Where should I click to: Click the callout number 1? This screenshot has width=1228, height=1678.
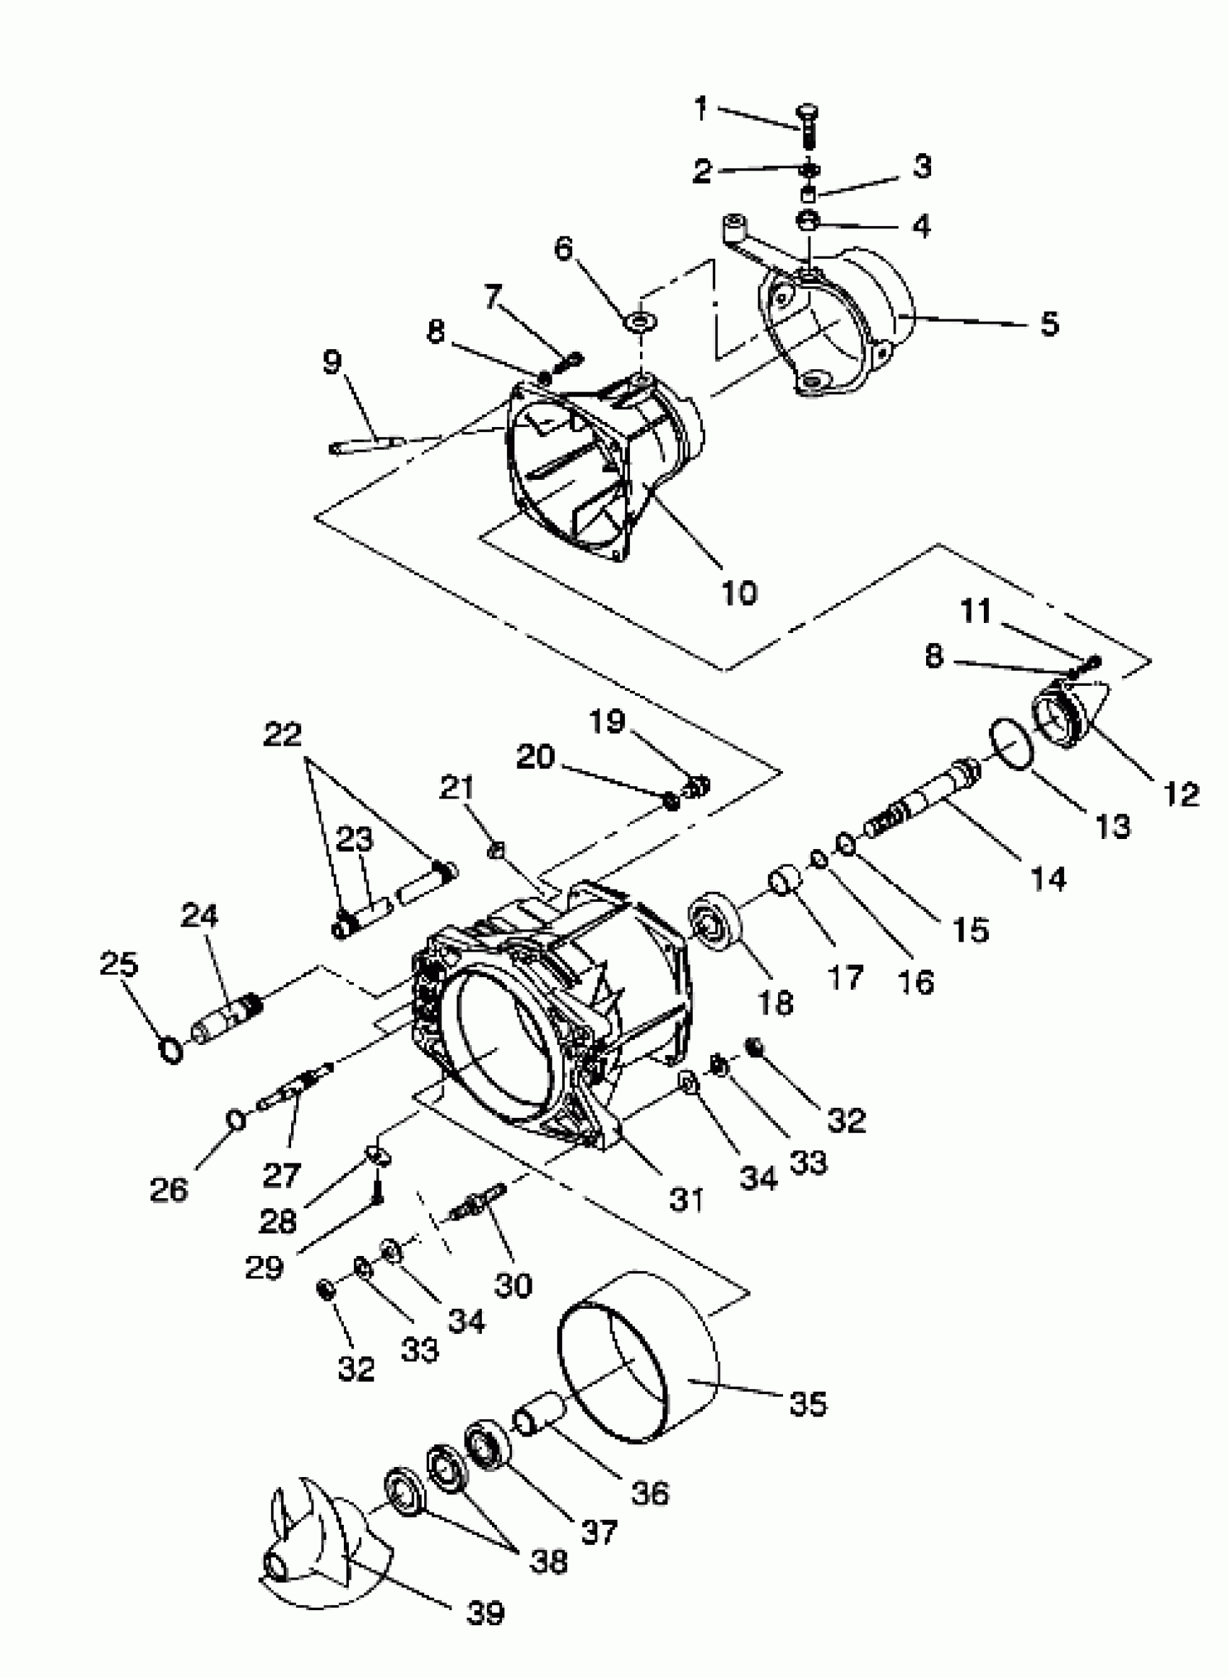point(700,109)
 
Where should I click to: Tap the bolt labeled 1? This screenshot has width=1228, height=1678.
point(808,126)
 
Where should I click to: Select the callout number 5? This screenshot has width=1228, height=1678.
point(1049,324)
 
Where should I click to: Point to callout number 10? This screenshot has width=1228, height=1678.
point(738,593)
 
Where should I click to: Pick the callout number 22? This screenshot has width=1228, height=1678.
point(282,735)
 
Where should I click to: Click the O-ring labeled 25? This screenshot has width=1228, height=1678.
point(172,1051)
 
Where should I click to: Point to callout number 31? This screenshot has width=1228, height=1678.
point(686,1199)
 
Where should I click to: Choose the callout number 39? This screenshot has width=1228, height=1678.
point(485,1612)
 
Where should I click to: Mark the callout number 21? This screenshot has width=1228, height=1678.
point(457,787)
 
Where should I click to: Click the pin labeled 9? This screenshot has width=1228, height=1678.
point(366,444)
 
